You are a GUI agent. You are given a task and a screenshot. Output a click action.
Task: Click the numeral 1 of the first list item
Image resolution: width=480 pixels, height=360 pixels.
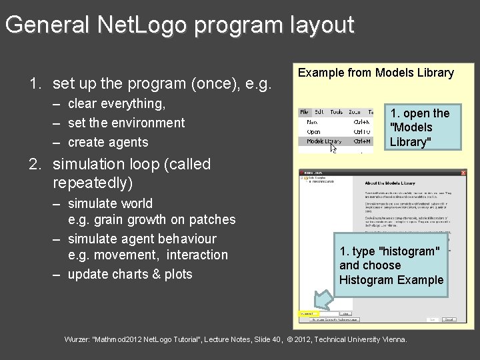coord(33,84)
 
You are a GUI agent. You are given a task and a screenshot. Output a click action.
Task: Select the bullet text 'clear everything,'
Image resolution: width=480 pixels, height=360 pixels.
coord(117,103)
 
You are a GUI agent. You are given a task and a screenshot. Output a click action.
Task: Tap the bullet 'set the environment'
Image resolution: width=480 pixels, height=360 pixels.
coord(126,123)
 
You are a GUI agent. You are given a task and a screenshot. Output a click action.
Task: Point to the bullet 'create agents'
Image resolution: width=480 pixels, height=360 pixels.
coord(108,142)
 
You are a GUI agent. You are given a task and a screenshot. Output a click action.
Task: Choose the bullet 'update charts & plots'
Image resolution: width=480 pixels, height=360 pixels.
coord(130,274)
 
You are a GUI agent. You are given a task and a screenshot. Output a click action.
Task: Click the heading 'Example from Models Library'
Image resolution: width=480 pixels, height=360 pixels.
coord(375,73)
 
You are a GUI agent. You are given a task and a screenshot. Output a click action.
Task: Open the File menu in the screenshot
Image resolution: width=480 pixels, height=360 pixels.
coord(305,113)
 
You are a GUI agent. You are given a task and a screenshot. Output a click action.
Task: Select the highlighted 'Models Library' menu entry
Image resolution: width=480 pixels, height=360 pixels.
coord(323,141)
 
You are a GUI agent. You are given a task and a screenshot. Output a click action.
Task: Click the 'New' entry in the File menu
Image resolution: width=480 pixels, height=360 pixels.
coord(312,123)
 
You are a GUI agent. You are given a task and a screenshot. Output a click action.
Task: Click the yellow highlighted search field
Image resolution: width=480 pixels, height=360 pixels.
coord(309,313)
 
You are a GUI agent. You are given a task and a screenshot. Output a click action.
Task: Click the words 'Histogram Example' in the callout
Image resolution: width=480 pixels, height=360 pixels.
coord(391,280)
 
